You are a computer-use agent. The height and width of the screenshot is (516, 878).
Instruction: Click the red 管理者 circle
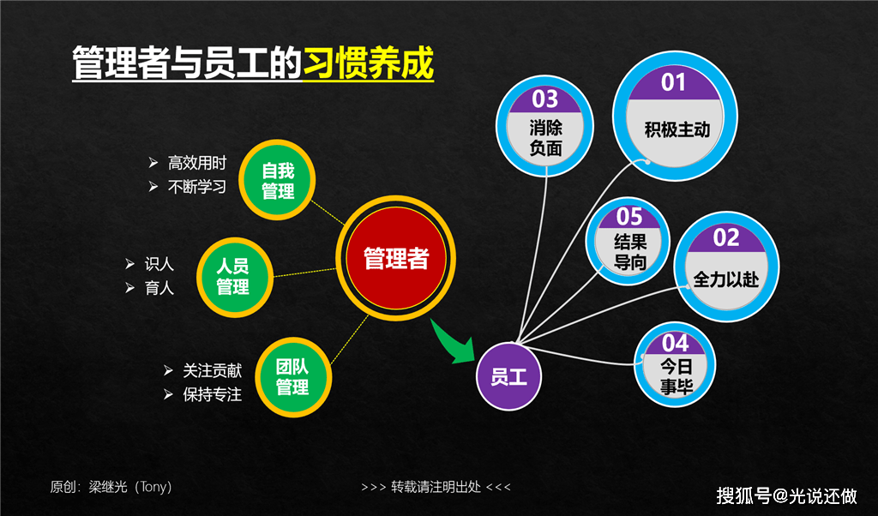tap(395, 259)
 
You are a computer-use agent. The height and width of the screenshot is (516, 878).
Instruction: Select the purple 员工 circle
tap(509, 375)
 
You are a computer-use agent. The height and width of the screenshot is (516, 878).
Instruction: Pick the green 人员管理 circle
tap(232, 276)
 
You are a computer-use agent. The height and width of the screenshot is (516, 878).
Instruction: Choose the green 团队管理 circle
tap(292, 376)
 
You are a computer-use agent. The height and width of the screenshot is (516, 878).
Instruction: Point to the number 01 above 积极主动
tap(674, 83)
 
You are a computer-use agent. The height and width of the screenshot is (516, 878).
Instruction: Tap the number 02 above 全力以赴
tap(726, 237)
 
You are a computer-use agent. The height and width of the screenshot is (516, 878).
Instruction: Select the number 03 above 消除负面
tap(545, 99)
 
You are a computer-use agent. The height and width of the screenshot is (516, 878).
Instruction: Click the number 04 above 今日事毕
tap(676, 344)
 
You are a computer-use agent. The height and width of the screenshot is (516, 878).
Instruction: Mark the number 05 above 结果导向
tap(629, 217)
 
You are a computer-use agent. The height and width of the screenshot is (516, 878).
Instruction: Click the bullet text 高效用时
tap(197, 163)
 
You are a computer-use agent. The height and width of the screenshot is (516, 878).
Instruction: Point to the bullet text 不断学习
tap(197, 186)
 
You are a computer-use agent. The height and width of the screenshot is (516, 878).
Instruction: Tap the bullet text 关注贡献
tap(212, 371)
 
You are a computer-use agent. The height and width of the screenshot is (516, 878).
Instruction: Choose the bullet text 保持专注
tap(212, 395)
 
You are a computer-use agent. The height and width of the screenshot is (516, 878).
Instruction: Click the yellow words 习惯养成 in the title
tap(369, 64)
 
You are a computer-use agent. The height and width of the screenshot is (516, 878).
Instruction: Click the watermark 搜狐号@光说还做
tap(786, 495)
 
